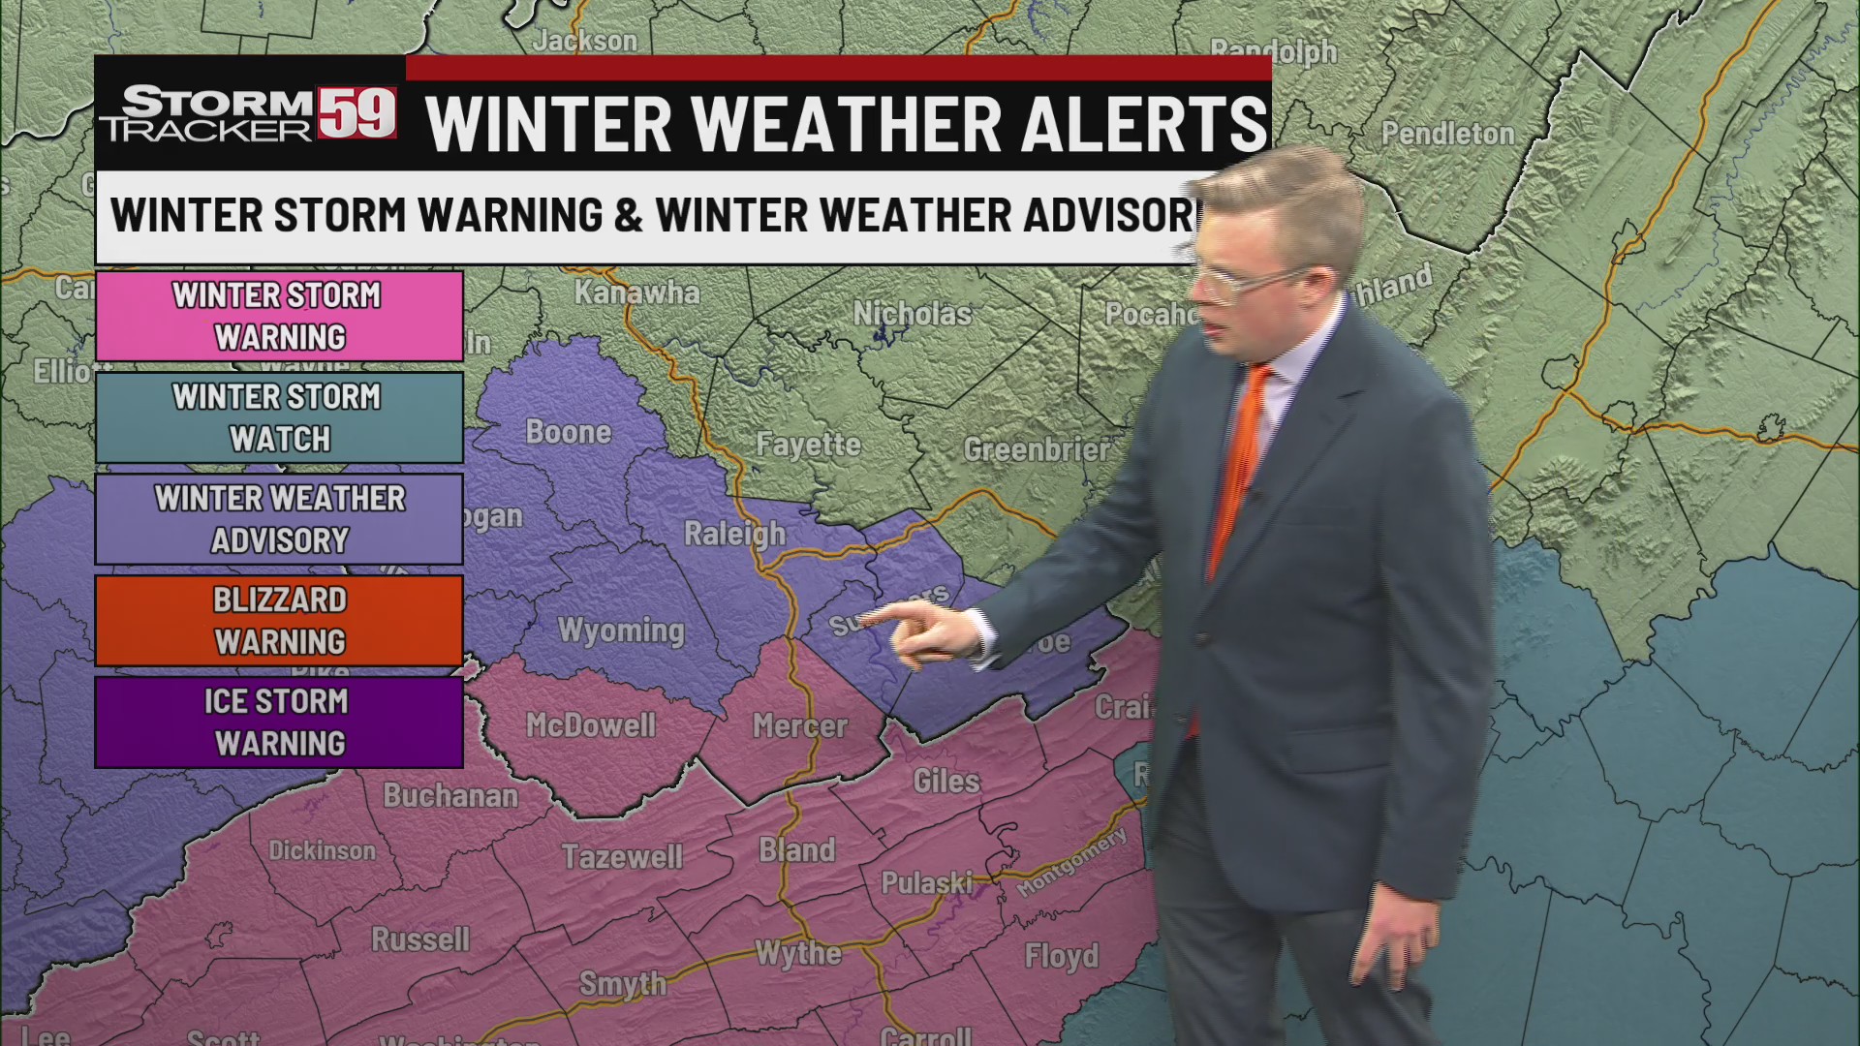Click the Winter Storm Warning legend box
point(279,316)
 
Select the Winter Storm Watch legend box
point(279,417)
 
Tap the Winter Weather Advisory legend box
point(279,519)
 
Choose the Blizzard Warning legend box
point(279,621)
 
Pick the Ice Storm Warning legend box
point(279,723)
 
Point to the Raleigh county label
point(734,534)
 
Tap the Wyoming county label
point(621,631)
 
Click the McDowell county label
point(591,725)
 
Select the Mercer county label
point(800,726)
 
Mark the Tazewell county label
point(622,857)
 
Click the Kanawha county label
point(636,292)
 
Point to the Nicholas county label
point(912,314)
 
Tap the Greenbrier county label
point(1036,449)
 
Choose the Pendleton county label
point(1447,134)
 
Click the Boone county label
point(569,432)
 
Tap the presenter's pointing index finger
point(876,616)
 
